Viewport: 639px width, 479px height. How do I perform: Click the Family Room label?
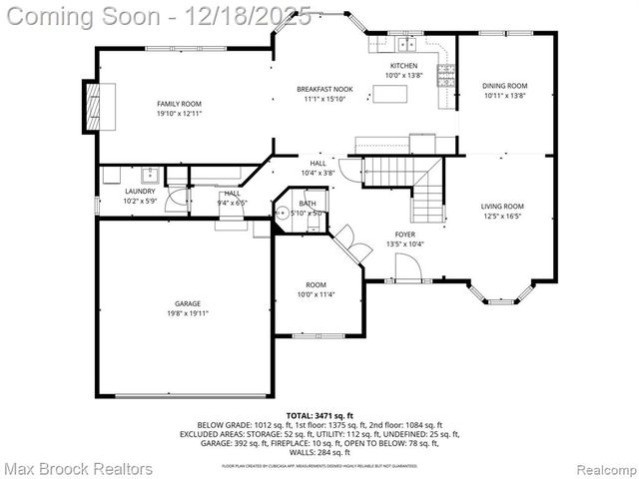pyautogui.click(x=179, y=104)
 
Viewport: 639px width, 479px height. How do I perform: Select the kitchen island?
pyautogui.click(x=386, y=95)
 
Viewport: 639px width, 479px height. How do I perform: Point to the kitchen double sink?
pyautogui.click(x=406, y=45)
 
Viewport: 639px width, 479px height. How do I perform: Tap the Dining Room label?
pyautogui.click(x=504, y=86)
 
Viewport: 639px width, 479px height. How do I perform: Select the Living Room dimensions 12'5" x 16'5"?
pyautogui.click(x=503, y=216)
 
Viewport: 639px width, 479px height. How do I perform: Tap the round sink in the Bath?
pyautogui.click(x=284, y=213)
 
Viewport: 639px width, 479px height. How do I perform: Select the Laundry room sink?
pyautogui.click(x=150, y=177)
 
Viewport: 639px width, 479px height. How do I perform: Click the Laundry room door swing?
pyautogui.click(x=177, y=198)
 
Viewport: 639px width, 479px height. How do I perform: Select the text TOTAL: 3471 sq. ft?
pyautogui.click(x=319, y=414)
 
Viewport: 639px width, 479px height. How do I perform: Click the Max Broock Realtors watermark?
pyautogui.click(x=78, y=468)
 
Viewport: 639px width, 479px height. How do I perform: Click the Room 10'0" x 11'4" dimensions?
pyautogui.click(x=316, y=294)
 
